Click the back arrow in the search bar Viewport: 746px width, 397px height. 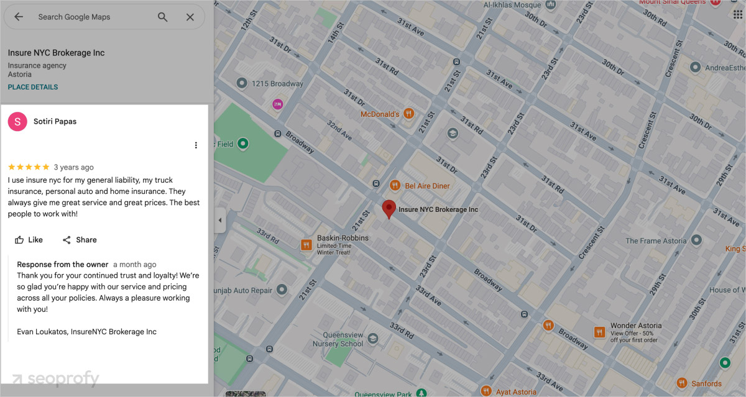(19, 17)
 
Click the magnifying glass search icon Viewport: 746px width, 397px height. (162, 17)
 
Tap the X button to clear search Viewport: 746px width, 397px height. (190, 17)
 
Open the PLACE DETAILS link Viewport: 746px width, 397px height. (33, 87)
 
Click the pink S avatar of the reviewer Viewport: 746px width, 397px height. (17, 122)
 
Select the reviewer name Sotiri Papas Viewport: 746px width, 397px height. (55, 122)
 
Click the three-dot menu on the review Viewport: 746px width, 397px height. (196, 145)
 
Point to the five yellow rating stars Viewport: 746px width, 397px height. (29, 167)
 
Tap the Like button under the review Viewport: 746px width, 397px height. (29, 240)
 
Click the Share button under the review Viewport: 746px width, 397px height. (80, 240)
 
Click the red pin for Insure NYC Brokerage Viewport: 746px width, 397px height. (389, 209)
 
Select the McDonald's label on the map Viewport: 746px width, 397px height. (380, 114)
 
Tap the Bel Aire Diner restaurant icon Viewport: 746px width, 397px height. (394, 186)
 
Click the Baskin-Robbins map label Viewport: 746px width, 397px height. (343, 239)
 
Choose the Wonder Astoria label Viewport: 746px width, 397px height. (635, 326)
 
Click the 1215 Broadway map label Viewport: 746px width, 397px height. (277, 83)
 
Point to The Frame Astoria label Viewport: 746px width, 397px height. (656, 240)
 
